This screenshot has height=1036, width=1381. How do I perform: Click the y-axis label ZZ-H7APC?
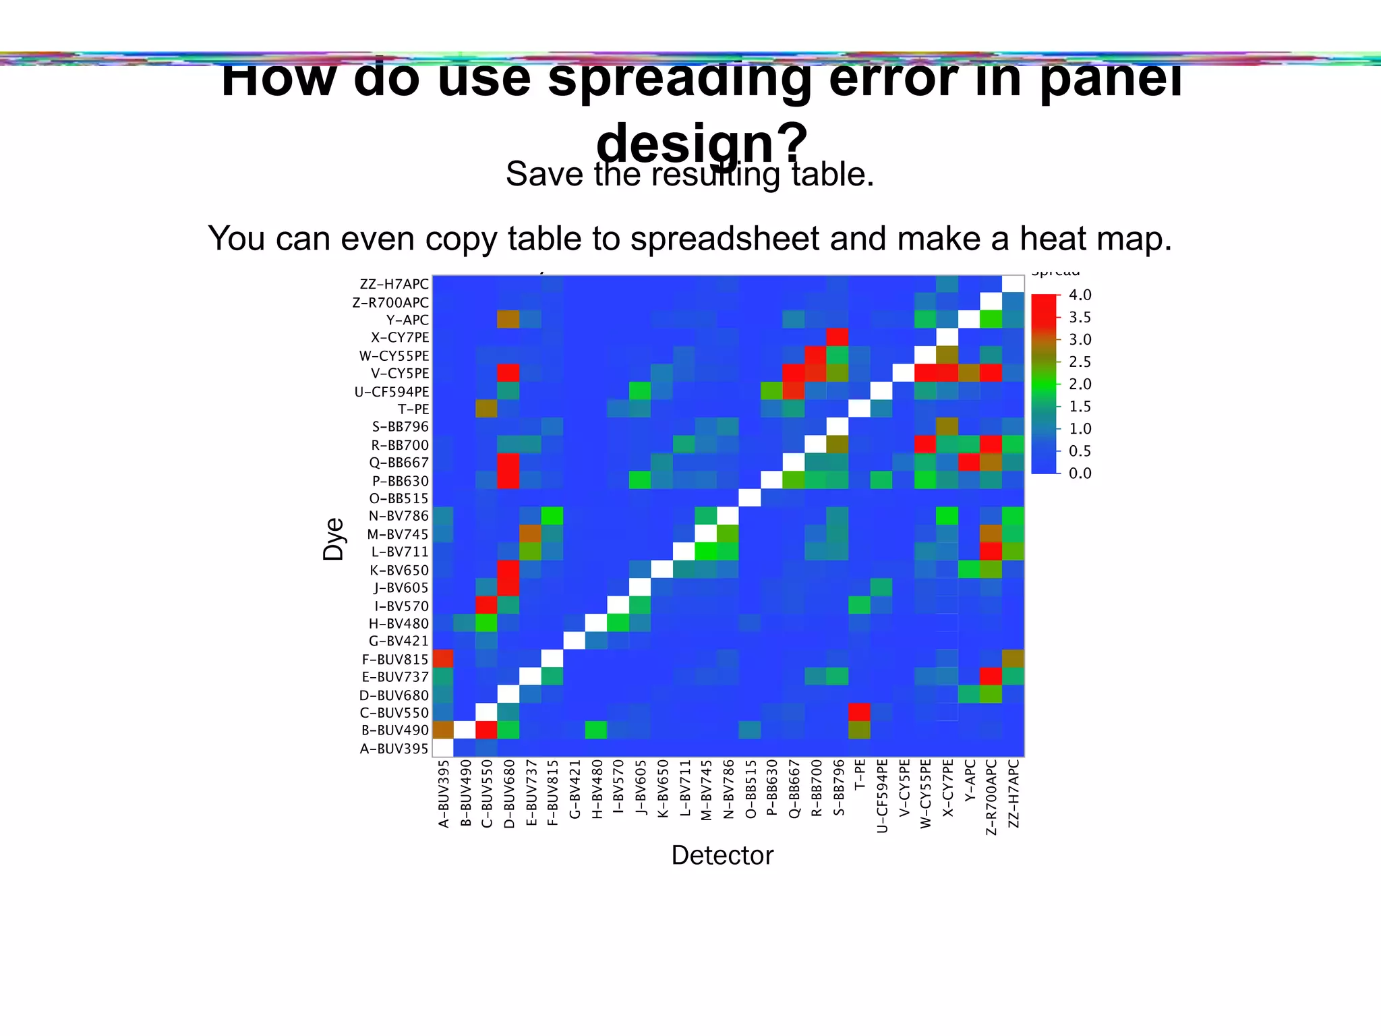click(x=394, y=285)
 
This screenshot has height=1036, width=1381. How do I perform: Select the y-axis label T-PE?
click(x=413, y=409)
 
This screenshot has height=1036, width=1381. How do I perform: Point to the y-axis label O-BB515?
click(x=399, y=498)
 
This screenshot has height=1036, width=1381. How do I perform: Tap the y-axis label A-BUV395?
click(x=394, y=748)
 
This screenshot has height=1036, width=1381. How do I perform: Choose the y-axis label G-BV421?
click(x=399, y=641)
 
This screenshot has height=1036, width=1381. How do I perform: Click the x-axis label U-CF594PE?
click(x=882, y=796)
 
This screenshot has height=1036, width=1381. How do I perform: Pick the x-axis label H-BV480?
click(x=597, y=789)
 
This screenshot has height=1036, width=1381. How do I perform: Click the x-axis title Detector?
click(x=722, y=855)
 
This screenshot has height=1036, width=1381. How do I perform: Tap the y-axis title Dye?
click(x=334, y=540)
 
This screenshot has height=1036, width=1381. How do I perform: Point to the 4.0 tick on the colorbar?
click(x=1080, y=295)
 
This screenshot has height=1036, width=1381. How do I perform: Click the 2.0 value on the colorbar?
click(x=1080, y=384)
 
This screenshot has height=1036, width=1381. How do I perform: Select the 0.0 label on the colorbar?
click(x=1080, y=473)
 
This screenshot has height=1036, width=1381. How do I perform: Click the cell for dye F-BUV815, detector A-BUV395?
click(x=443, y=658)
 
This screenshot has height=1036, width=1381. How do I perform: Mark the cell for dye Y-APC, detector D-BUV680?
click(x=508, y=320)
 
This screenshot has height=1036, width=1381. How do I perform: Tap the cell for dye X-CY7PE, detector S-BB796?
click(x=838, y=337)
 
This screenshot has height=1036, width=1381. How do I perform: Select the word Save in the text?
click(x=544, y=174)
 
